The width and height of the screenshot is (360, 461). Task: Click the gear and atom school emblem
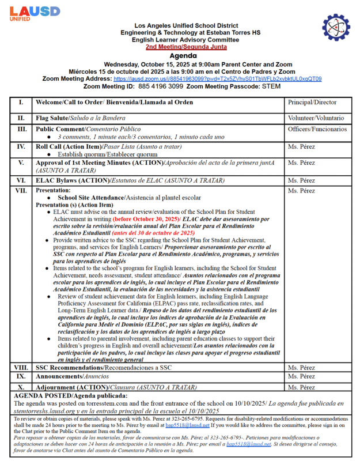click(x=336, y=28)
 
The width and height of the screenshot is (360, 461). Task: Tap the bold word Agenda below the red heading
click(x=180, y=55)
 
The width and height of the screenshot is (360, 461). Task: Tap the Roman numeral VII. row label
click(x=21, y=191)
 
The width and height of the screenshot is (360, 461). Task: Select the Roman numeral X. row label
click(x=21, y=387)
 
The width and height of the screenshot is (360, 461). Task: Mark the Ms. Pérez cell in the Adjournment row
click(x=301, y=387)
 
